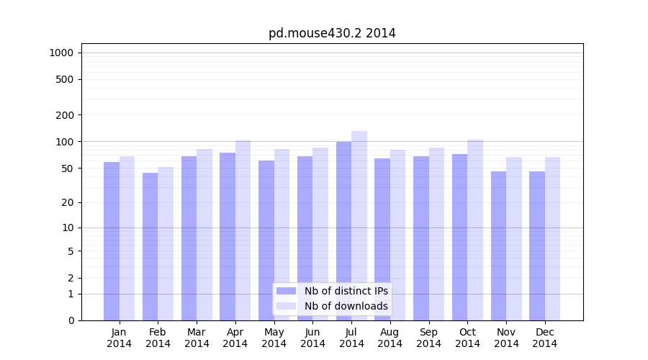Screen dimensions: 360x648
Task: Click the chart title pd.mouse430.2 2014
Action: (332, 33)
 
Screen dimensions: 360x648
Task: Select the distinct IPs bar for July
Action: (343, 230)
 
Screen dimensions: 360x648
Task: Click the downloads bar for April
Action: (243, 230)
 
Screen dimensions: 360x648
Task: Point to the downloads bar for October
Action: (475, 230)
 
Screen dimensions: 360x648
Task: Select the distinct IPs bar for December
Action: (537, 246)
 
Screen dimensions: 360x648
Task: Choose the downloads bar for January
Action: (127, 238)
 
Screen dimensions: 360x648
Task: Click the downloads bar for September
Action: (436, 234)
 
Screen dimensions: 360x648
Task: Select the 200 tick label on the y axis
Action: (65, 115)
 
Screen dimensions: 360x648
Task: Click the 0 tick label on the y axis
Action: (71, 320)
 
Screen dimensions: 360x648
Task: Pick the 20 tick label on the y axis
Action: (68, 202)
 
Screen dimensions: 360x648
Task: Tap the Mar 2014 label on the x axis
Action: (197, 338)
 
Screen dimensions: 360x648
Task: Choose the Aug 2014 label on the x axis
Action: (390, 338)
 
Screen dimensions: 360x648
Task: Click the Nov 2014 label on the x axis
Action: (506, 338)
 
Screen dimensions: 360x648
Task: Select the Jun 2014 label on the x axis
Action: (312, 338)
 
